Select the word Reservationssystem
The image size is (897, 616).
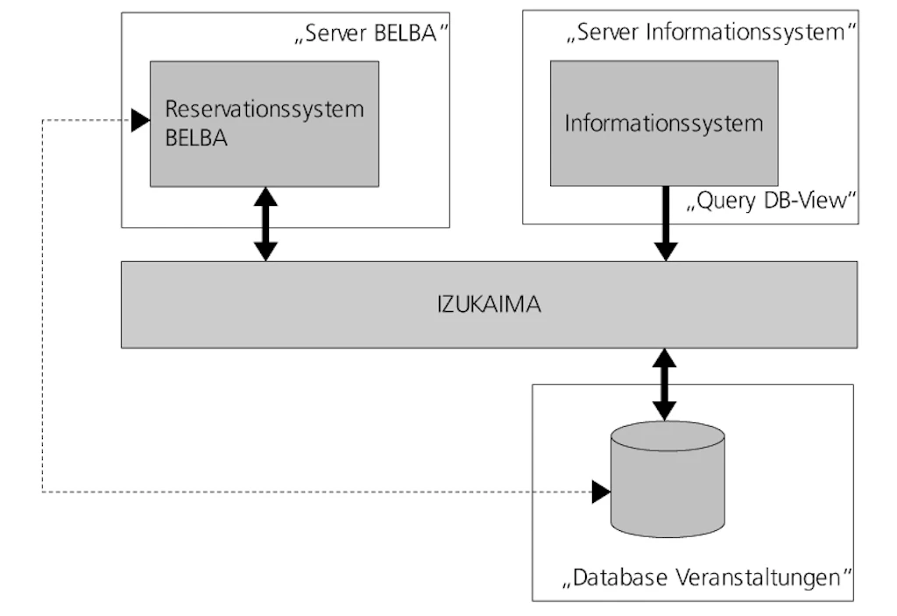click(x=265, y=110)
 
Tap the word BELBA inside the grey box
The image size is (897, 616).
click(x=196, y=138)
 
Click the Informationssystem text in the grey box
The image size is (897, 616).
click(x=663, y=123)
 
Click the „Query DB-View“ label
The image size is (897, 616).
click(x=770, y=202)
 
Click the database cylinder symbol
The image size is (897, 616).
click(x=667, y=480)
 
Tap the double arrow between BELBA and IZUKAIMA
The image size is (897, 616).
click(x=265, y=223)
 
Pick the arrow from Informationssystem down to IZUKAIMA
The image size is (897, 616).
click(x=666, y=223)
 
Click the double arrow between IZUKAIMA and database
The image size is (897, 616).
click(x=666, y=384)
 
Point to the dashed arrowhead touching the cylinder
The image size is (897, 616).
click(x=601, y=492)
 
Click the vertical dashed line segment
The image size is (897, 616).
click(x=43, y=307)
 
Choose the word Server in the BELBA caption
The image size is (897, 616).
click(x=334, y=35)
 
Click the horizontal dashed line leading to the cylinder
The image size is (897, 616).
click(x=315, y=492)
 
